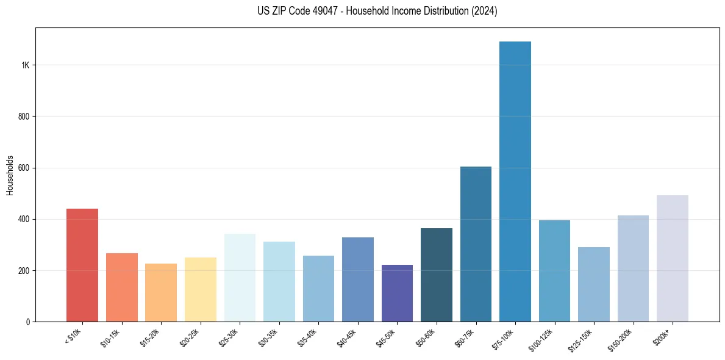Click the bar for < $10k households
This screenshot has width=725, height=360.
point(82,265)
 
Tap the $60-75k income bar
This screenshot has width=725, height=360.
point(476,244)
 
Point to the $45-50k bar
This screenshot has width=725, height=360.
point(397,293)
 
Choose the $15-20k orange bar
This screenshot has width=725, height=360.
point(161,292)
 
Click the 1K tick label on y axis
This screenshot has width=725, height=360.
point(25,65)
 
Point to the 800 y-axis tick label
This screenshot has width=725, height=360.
point(24,117)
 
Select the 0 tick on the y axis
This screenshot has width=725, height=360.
point(27,322)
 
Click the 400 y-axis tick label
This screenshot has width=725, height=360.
point(24,219)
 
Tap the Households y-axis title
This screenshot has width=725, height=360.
point(10,175)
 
